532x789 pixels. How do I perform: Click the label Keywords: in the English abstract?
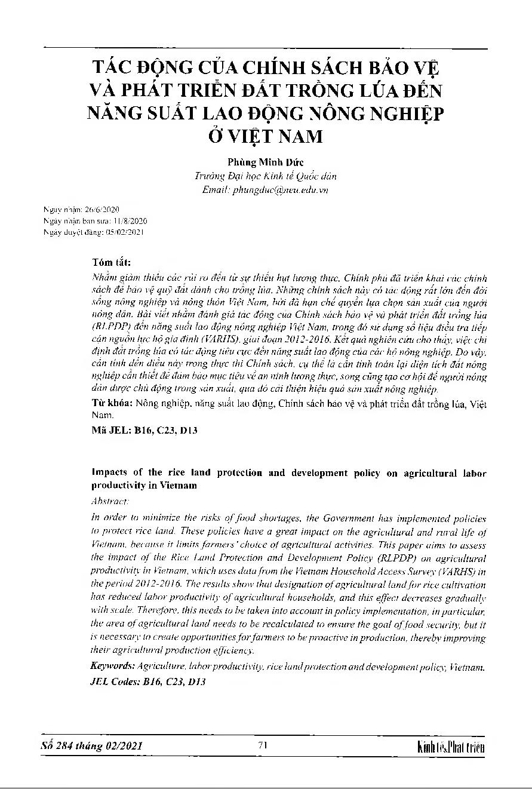112,666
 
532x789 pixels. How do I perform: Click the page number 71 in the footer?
263,744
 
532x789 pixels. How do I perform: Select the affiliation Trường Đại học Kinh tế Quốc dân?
266,177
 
